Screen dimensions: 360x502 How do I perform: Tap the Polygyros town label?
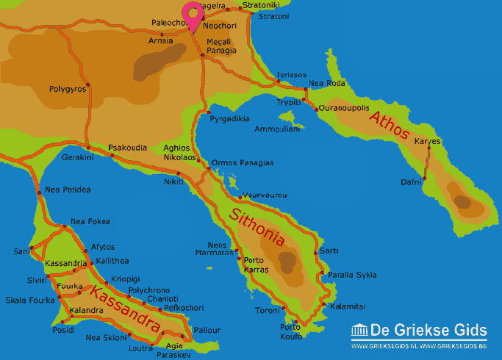tap(68, 89)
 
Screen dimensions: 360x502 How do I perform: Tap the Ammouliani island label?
tap(277, 129)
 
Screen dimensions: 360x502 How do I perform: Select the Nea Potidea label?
tap(68, 190)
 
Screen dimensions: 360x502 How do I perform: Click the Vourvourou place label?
tap(265, 195)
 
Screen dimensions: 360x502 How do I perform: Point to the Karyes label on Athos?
tap(427, 140)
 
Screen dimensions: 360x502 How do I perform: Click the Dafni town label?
tap(411, 181)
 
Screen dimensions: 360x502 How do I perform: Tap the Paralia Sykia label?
tap(351, 275)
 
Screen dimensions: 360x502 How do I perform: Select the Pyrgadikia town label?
tap(229, 118)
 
